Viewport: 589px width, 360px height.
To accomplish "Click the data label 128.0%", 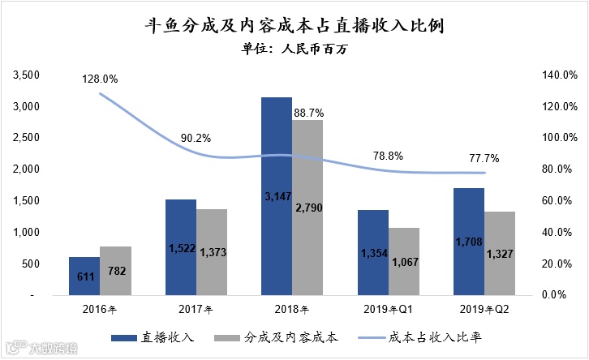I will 100,79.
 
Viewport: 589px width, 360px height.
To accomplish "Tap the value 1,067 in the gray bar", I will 404,262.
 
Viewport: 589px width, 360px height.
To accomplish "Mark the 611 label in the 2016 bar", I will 84,276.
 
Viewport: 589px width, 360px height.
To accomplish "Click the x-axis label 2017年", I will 195,309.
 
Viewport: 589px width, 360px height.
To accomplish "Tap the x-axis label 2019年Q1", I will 389,309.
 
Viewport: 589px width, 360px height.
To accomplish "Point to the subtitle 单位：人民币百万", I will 294,49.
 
